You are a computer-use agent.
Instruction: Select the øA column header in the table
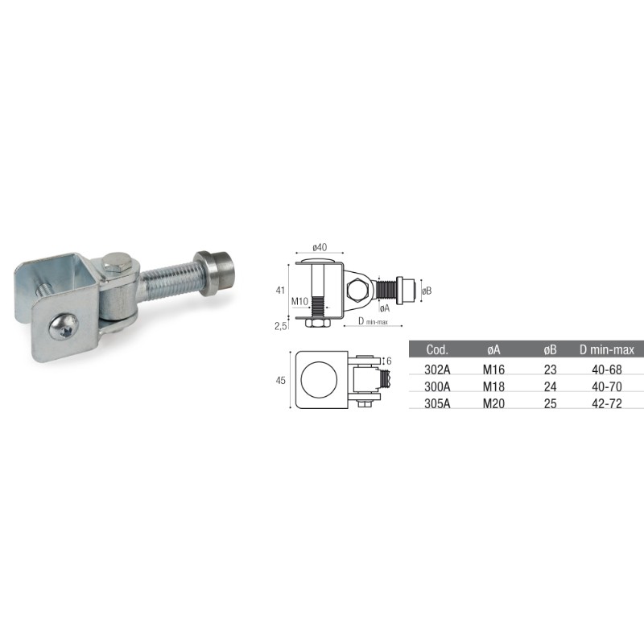tap(493, 349)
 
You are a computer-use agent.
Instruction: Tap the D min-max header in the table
tap(607, 349)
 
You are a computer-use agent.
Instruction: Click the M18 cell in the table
tap(493, 386)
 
